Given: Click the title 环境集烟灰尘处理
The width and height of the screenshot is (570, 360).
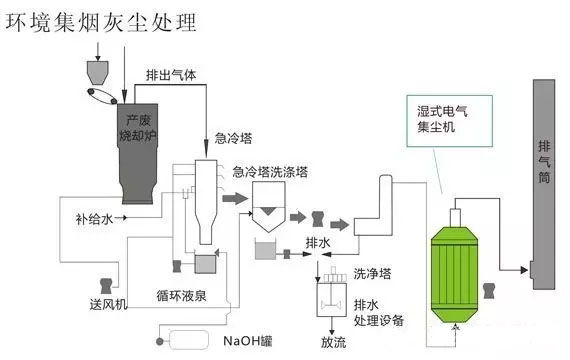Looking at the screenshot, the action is (101, 23).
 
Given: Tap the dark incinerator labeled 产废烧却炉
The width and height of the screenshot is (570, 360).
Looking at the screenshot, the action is (137, 153).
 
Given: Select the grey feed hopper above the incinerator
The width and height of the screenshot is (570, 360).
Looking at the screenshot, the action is (97, 73).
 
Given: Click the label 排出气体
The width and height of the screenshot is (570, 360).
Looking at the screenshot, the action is (171, 75).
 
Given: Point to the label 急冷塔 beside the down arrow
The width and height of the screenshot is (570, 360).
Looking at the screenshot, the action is (233, 139).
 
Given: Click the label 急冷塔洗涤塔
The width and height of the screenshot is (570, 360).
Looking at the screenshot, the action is (270, 172).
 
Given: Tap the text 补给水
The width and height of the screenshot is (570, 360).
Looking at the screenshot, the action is (95, 219).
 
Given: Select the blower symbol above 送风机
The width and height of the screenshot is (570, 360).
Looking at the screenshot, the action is (106, 286).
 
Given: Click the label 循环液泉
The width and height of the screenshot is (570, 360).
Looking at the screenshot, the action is (181, 296).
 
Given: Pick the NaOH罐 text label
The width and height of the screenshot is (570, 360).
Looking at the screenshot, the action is (248, 341).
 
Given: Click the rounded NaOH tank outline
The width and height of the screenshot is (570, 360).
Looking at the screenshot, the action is (189, 340).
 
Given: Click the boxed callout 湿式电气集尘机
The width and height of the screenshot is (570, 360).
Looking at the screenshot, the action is (449, 121).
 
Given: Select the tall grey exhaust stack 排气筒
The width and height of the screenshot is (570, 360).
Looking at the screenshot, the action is (543, 184).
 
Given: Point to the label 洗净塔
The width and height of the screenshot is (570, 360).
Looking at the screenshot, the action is (373, 273).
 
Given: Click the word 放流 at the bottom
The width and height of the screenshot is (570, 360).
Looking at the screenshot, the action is (333, 342).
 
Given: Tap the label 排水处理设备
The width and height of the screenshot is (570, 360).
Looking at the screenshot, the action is (379, 312).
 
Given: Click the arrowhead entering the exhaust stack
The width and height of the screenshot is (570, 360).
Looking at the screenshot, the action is (524, 270).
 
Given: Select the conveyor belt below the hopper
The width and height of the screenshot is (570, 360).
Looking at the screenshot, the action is (102, 96).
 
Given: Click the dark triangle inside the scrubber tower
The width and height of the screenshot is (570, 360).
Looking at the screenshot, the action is (268, 211).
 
